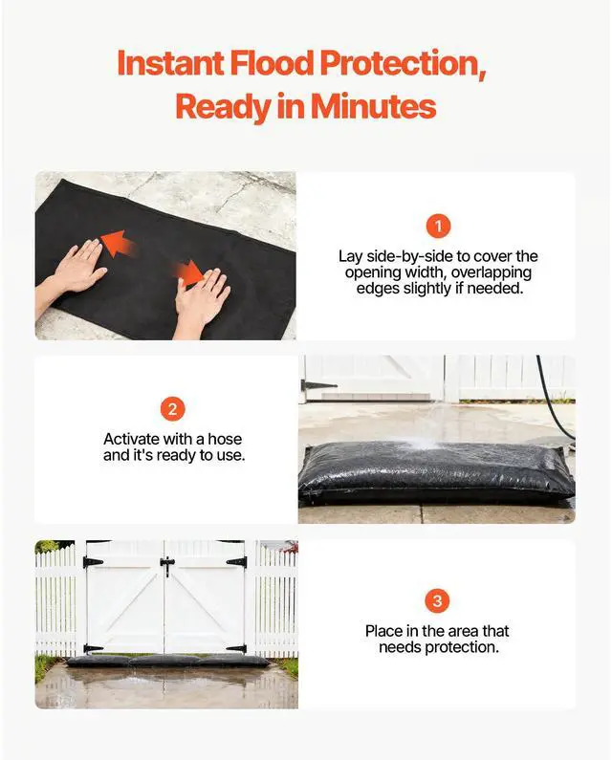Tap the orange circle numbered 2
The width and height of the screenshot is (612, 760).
(173, 410)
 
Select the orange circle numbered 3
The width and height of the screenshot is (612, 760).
(436, 601)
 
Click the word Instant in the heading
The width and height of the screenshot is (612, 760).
(167, 63)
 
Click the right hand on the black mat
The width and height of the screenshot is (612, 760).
(204, 300)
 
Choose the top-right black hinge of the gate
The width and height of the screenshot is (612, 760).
(237, 562)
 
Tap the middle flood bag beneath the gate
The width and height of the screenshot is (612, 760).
(164, 660)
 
